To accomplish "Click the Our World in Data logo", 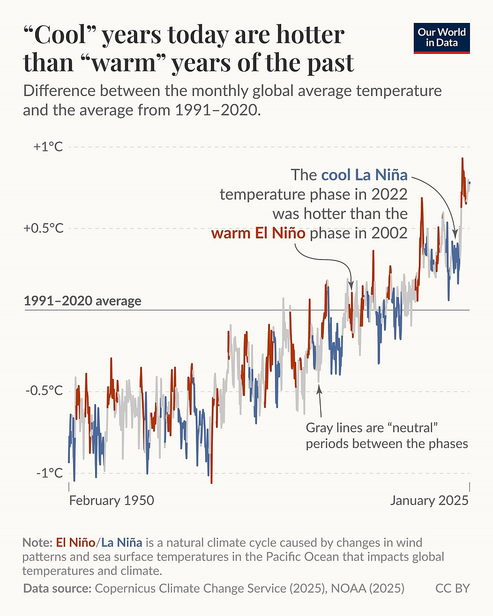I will click(441, 38).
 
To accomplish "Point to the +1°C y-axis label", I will click(48, 147).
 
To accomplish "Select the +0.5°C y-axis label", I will click(44, 228).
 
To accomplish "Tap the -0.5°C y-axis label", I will click(44, 391).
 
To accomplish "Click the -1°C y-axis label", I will click(49, 473).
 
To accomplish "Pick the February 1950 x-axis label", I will click(112, 500).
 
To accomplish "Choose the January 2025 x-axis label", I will click(429, 500).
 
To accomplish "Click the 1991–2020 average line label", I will click(82, 301).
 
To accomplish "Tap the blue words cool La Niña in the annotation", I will click(364, 175).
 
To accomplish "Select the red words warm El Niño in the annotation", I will click(258, 233).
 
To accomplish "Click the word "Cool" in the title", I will click(61, 35).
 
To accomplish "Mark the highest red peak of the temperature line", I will click(462, 159).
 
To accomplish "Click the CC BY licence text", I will click(452, 588).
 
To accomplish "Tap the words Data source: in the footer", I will click(57, 588).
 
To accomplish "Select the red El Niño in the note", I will click(75, 542).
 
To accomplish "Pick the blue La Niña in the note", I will click(122, 542).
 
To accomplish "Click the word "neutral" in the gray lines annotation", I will click(411, 428).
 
